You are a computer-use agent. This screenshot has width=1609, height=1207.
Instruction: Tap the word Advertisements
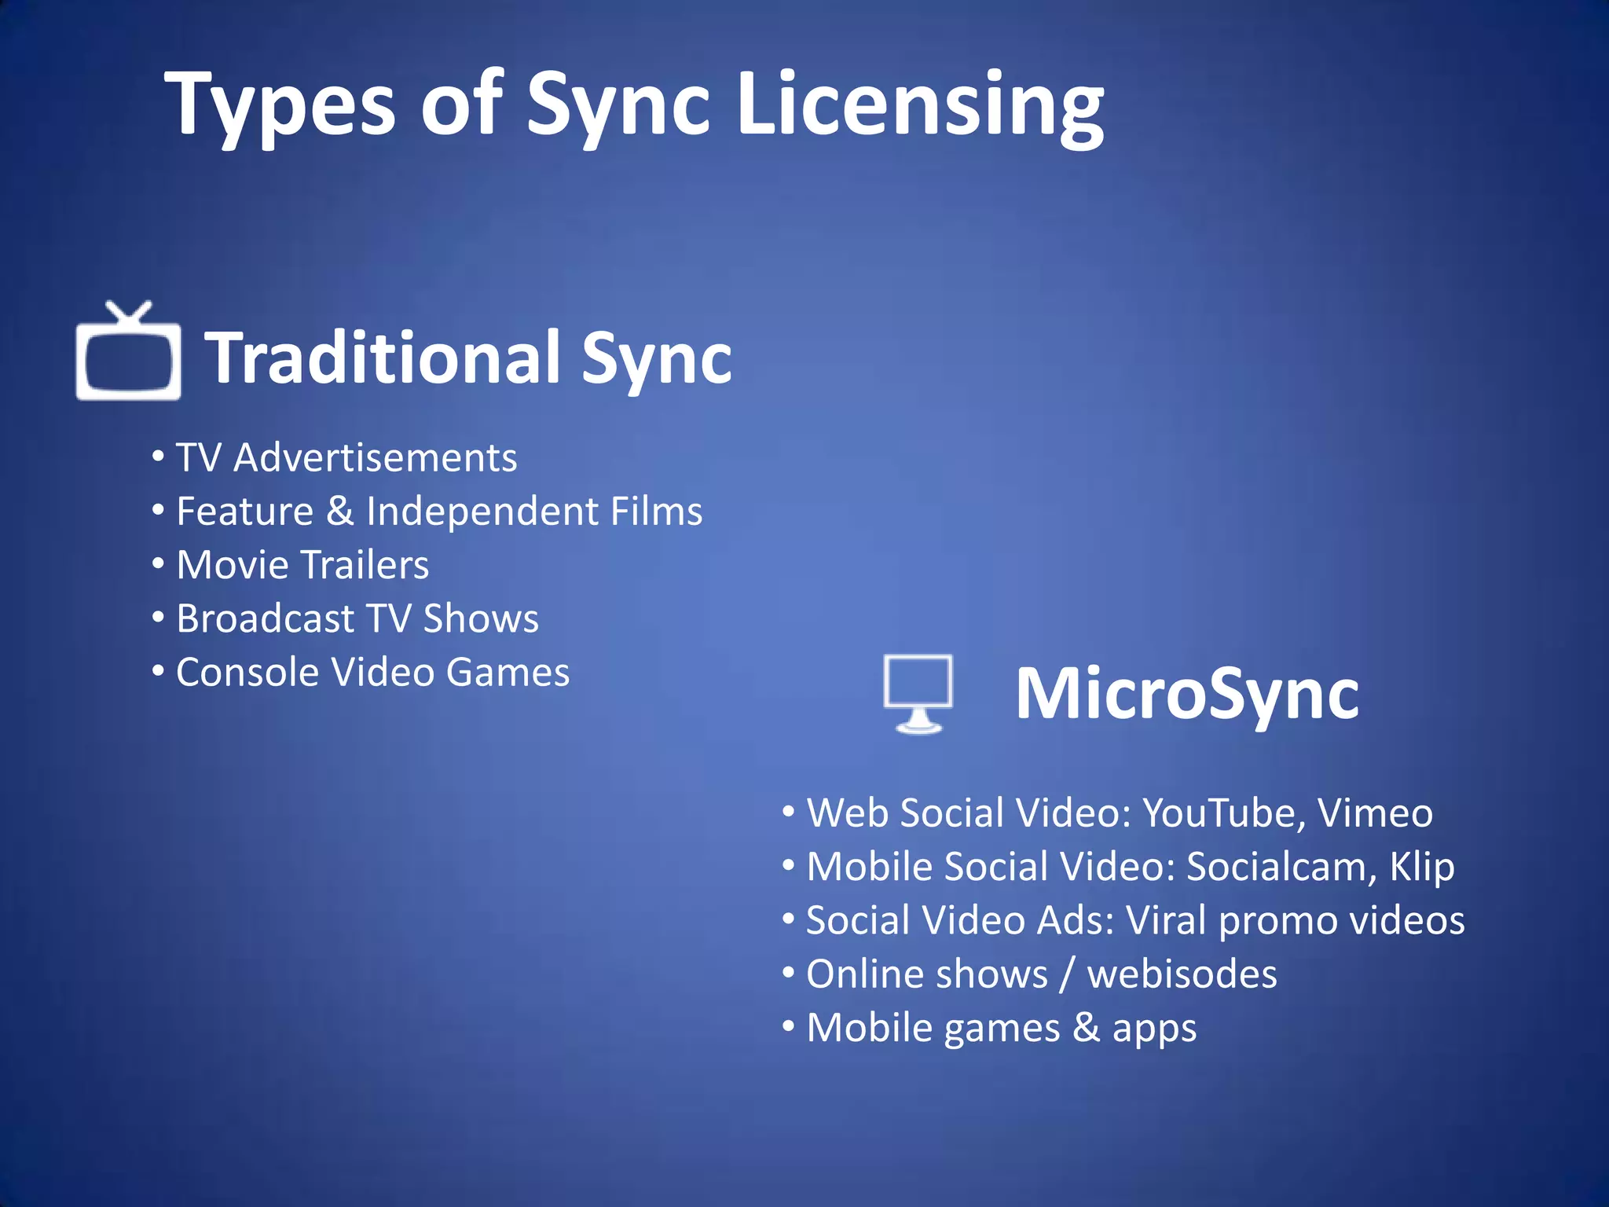376,457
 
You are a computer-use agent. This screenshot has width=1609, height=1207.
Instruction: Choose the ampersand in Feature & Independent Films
339,511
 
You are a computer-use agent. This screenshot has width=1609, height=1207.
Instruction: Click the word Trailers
365,565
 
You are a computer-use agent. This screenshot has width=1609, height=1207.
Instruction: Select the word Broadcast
266,618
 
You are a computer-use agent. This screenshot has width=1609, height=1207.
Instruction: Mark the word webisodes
1182,974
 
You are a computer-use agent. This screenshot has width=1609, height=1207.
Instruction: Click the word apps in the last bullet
1154,1029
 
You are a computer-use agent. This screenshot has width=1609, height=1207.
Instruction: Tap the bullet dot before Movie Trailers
159,563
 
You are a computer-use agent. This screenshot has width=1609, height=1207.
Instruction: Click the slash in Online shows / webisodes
1067,974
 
